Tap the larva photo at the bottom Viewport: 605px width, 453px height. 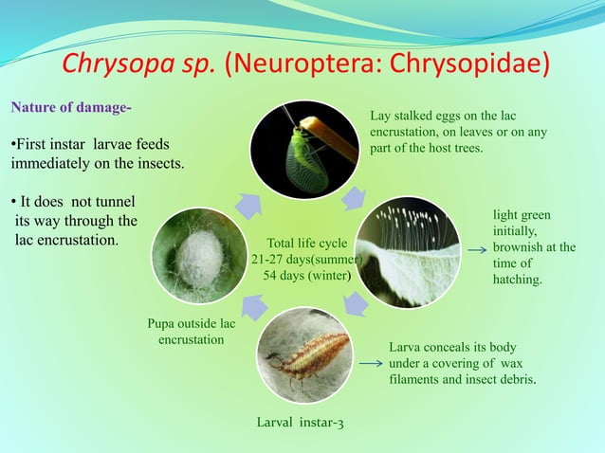[x=303, y=360]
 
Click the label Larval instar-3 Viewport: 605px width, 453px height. [x=301, y=422]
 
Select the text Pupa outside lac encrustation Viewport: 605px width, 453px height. [x=191, y=331]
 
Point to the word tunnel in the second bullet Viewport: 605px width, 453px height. [x=113, y=202]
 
